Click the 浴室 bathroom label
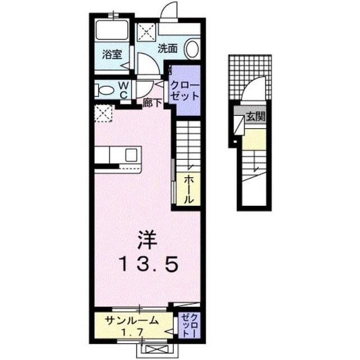(x=112, y=55)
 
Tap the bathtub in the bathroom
(x=112, y=30)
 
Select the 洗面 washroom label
(x=168, y=48)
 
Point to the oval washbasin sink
(x=192, y=49)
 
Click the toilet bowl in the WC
(x=105, y=90)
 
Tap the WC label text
(x=124, y=90)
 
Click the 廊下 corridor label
(x=152, y=103)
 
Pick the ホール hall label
(x=189, y=189)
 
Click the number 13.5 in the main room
(x=148, y=264)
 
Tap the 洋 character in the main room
(x=147, y=240)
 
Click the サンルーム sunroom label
(x=132, y=321)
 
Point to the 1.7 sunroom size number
(x=133, y=332)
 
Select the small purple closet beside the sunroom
(x=190, y=325)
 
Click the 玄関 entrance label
(x=255, y=116)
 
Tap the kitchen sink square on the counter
(x=131, y=155)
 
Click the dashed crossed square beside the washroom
(x=146, y=32)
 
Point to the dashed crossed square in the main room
(x=103, y=113)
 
